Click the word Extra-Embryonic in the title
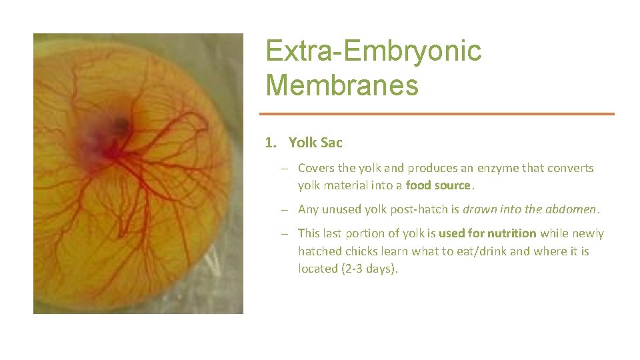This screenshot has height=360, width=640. pos(373,51)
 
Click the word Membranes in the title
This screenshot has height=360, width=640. pos(342,85)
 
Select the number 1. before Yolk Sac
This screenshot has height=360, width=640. pos(271,143)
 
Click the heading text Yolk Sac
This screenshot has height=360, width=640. pos(315,143)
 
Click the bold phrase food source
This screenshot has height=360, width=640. pos(438,185)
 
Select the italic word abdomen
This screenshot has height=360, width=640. pos(572,209)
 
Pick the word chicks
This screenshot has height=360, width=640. pos(363,251)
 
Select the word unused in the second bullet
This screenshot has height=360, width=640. pos(343,209)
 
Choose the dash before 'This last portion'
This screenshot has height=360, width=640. pos(284,233)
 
